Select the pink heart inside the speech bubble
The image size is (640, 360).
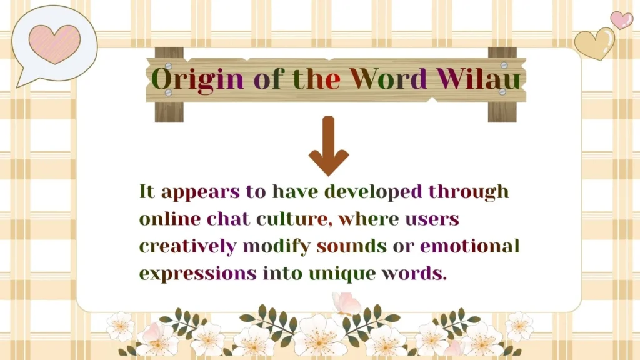click(55, 44)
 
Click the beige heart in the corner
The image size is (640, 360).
click(594, 44)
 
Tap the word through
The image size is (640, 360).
click(469, 191)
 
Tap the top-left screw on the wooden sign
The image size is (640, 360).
click(167, 65)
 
